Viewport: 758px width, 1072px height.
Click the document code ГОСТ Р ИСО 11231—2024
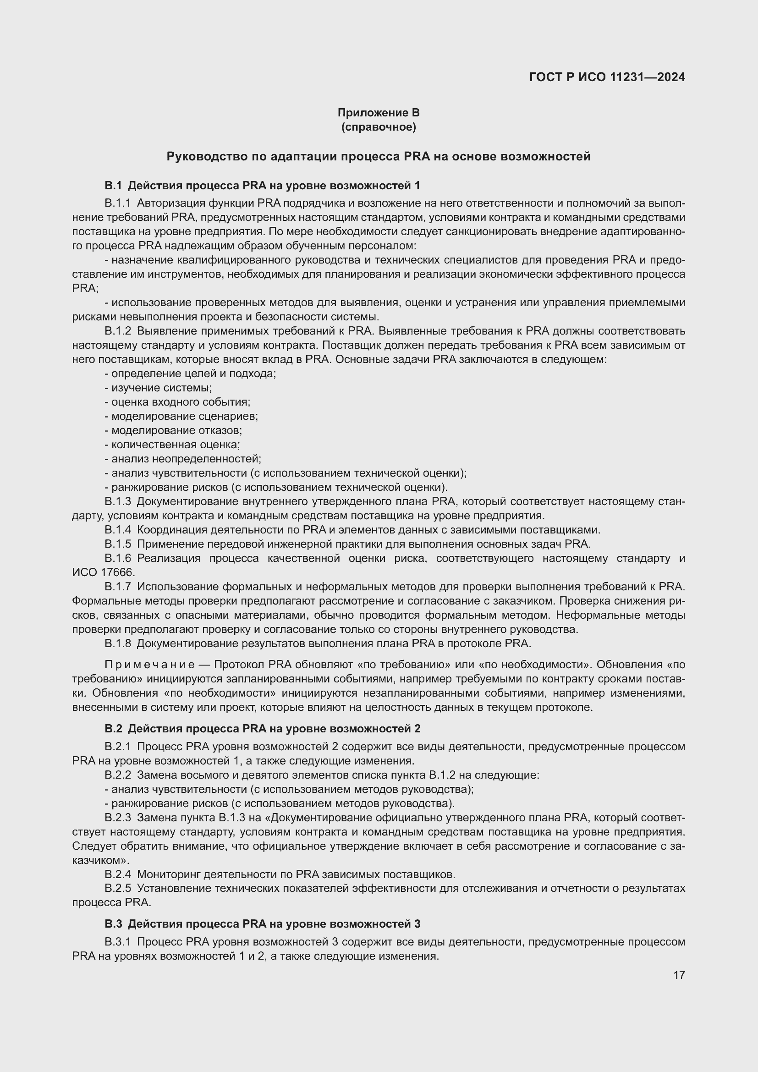click(607, 77)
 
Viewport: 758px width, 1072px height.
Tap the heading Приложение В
click(379, 113)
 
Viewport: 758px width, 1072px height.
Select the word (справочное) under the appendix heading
click(379, 127)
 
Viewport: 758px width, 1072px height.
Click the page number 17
click(679, 975)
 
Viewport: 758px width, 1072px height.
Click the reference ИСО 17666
click(103, 572)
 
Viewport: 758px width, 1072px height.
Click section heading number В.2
click(113, 729)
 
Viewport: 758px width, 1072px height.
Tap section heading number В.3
click(113, 924)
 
